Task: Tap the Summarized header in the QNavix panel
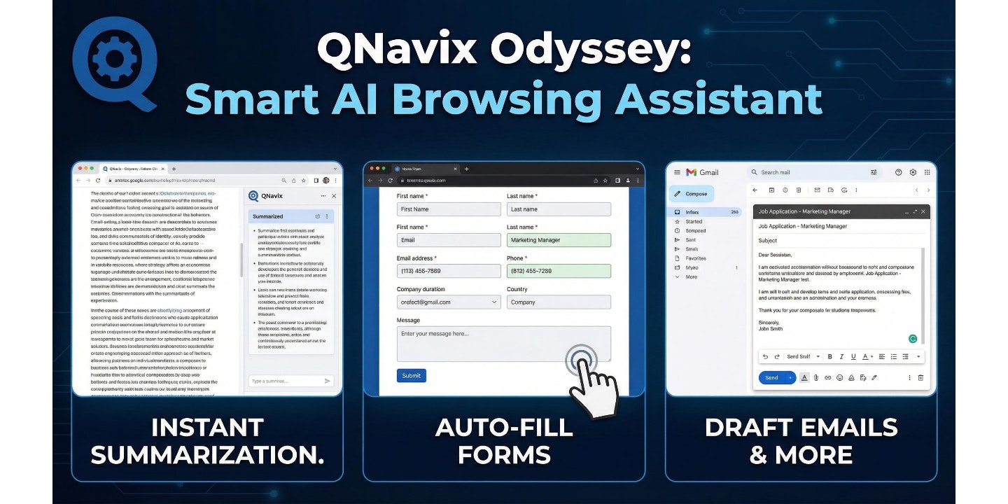coord(268,216)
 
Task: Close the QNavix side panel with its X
coord(334,196)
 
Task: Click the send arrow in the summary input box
coord(327,381)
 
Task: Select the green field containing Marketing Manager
coord(559,240)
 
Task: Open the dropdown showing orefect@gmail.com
coord(449,302)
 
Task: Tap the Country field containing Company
coord(559,302)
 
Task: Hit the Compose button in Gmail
coord(692,194)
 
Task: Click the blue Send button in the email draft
coord(771,377)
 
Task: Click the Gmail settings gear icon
coord(913,172)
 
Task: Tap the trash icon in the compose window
coord(920,377)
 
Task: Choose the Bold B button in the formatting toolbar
coord(830,356)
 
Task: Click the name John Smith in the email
coord(771,328)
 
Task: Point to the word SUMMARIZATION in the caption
coord(207,456)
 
